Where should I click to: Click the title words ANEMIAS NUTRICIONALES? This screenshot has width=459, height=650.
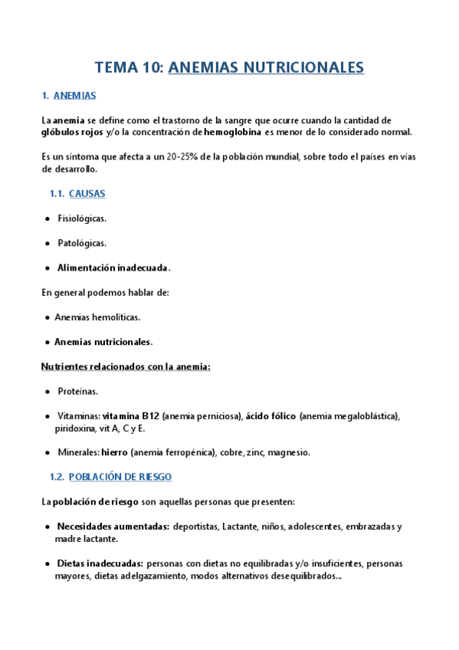266,67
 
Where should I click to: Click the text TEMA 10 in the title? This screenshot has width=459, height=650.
128,67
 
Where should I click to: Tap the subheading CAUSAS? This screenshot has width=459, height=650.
87,194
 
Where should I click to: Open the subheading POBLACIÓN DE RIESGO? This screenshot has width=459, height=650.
120,477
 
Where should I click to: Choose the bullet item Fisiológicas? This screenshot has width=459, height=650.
82,218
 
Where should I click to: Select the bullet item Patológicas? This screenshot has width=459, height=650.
82,243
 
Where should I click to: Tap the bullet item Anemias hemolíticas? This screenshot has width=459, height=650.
97,317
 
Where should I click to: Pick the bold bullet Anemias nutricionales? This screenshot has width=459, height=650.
103,341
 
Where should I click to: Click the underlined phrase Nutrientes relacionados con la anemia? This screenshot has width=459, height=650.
125,366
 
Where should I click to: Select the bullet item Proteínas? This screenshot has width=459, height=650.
77,391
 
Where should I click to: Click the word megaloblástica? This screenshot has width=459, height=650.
365,415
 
